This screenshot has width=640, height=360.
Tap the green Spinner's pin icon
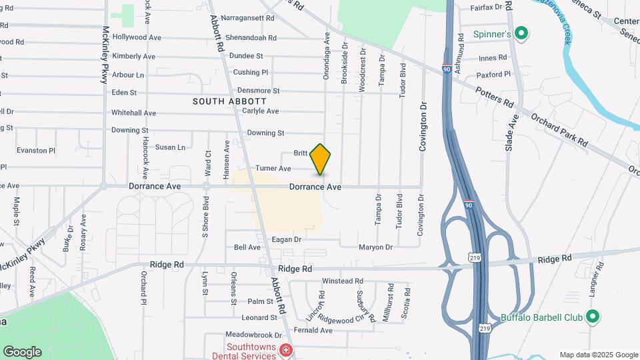[523, 33]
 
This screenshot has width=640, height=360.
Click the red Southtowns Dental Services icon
[285, 350]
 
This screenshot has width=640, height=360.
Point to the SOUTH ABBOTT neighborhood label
[220, 101]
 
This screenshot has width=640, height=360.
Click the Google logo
[21, 352]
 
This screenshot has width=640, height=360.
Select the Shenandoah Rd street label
[251, 37]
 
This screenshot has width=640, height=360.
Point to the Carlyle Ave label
[260, 111]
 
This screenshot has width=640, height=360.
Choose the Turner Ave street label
[273, 169]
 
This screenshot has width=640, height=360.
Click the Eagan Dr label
[287, 239]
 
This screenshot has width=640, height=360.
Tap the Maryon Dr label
[375, 247]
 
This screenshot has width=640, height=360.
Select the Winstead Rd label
[342, 281]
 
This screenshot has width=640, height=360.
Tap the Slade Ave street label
[511, 131]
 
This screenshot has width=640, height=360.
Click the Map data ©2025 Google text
[598, 355]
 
